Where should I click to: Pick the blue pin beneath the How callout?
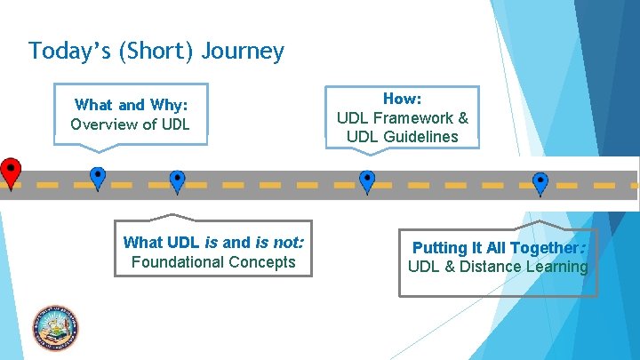click(367, 180)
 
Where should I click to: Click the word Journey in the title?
click(243, 51)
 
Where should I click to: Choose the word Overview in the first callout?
click(102, 124)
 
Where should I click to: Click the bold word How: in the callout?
click(402, 100)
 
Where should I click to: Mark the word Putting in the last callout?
click(438, 248)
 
